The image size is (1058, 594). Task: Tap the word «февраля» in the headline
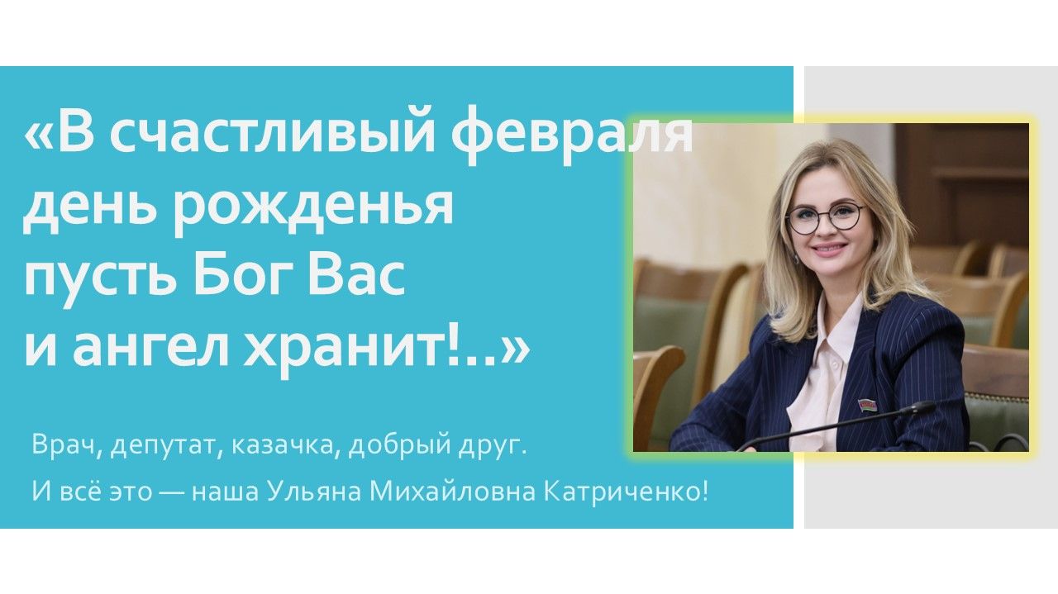pyautogui.click(x=570, y=135)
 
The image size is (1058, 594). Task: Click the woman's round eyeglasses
pyautogui.click(x=825, y=217)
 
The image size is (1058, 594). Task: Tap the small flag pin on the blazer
pyautogui.click(x=867, y=405)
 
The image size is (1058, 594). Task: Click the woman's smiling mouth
pyautogui.click(x=828, y=248)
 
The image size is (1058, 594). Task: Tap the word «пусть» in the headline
pyautogui.click(x=99, y=278)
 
